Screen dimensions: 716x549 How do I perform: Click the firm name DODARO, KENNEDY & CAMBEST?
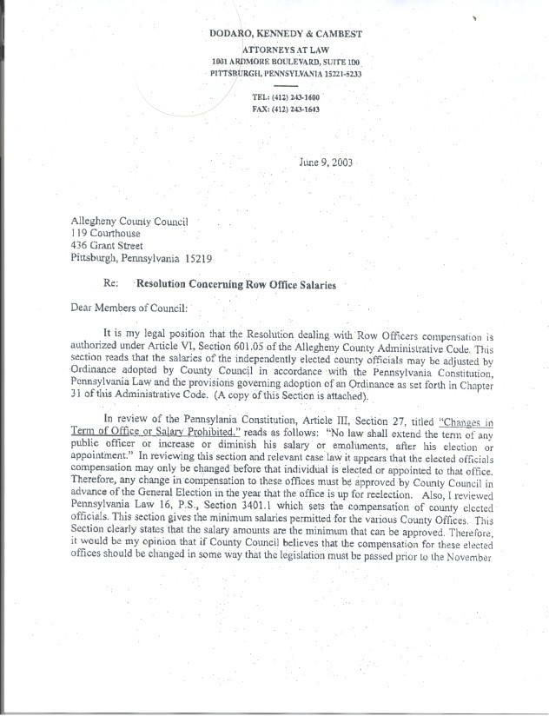286,34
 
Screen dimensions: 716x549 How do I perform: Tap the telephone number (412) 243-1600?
298,97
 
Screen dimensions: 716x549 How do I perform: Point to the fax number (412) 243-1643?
298,109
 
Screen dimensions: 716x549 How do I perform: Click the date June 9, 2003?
325,162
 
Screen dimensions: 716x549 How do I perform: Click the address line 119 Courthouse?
105,234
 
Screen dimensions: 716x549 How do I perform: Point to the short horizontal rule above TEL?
285,87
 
